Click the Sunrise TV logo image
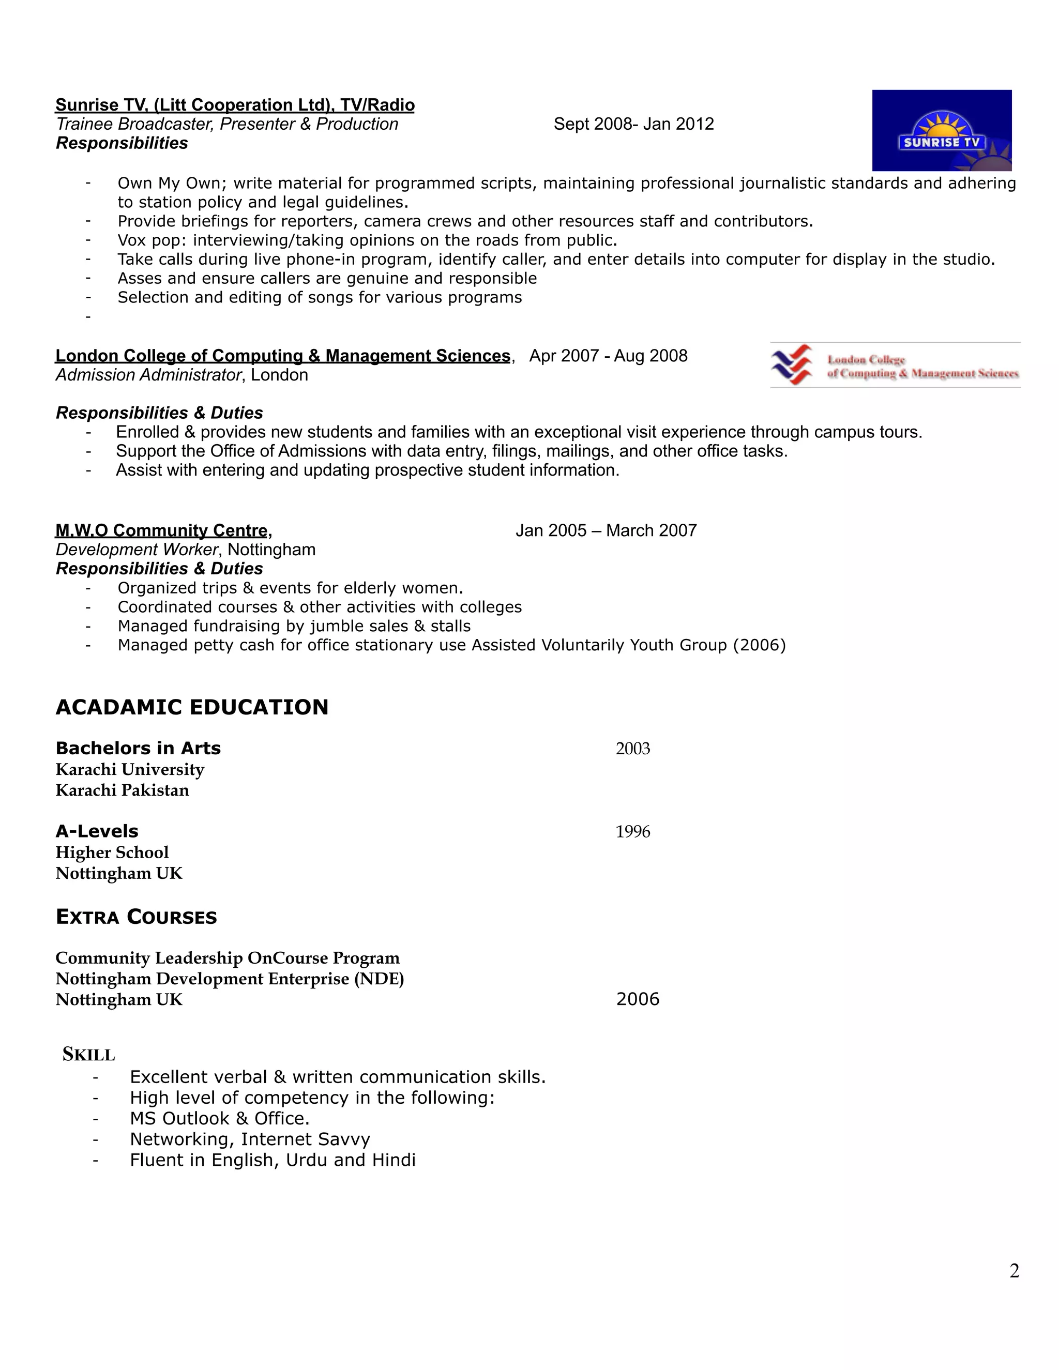(x=941, y=130)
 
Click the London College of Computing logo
(x=895, y=365)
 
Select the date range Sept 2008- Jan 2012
(x=633, y=124)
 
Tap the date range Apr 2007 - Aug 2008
(x=608, y=356)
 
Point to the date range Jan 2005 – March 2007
(x=606, y=531)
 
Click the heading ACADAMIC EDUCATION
(x=192, y=707)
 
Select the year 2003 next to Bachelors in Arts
(x=632, y=749)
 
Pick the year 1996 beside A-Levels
(x=632, y=832)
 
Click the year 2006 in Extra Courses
(x=638, y=999)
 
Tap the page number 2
(x=1014, y=1271)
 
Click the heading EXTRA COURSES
(x=136, y=917)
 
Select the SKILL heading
(x=88, y=1055)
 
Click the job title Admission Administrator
(x=148, y=375)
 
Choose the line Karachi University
(x=130, y=769)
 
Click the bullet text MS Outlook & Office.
(x=220, y=1118)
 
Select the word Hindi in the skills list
(x=394, y=1160)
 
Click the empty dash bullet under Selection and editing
(x=88, y=316)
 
